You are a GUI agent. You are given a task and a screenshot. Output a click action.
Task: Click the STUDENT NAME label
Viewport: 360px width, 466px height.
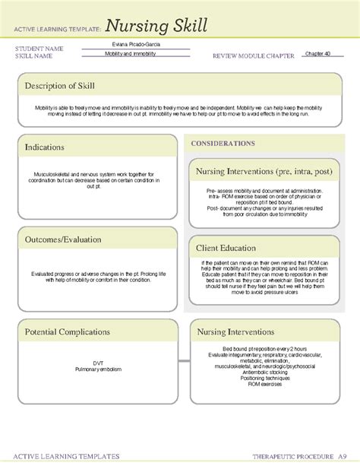pyautogui.click(x=39, y=49)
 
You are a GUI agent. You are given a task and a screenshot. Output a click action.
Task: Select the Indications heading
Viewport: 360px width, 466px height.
pyautogui.click(x=44, y=147)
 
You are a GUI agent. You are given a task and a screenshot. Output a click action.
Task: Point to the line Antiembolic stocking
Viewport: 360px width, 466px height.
pyautogui.click(x=261, y=370)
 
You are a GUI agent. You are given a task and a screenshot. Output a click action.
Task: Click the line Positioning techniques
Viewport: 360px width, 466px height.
pyautogui.click(x=261, y=377)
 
